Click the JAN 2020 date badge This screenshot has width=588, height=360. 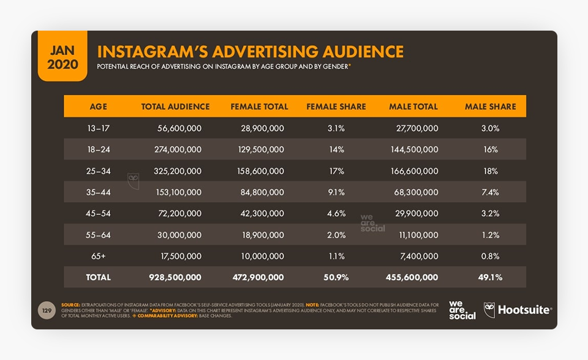pyautogui.click(x=62, y=56)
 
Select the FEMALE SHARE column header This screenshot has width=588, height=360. pyautogui.click(x=336, y=107)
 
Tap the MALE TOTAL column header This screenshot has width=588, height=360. pyautogui.click(x=413, y=107)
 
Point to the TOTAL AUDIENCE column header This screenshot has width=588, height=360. pyautogui.click(x=175, y=107)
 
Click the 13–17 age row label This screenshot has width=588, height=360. pyautogui.click(x=98, y=128)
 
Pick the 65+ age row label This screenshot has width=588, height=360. pyautogui.click(x=98, y=256)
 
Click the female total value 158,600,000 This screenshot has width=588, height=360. pyautogui.click(x=260, y=171)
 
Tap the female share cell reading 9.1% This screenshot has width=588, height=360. pyautogui.click(x=336, y=192)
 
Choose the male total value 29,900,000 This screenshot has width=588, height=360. pyautogui.click(x=415, y=214)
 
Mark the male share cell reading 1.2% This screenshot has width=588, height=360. pyautogui.click(x=491, y=235)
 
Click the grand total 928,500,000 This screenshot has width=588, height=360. pyautogui.click(x=175, y=277)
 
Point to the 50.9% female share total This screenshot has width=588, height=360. pyautogui.click(x=336, y=277)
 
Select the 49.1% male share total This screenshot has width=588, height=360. pyautogui.click(x=491, y=277)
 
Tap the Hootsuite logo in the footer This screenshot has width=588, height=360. pyautogui.click(x=518, y=310)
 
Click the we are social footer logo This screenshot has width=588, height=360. pyautogui.click(x=462, y=310)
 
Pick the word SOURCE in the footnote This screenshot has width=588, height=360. pyautogui.click(x=71, y=304)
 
